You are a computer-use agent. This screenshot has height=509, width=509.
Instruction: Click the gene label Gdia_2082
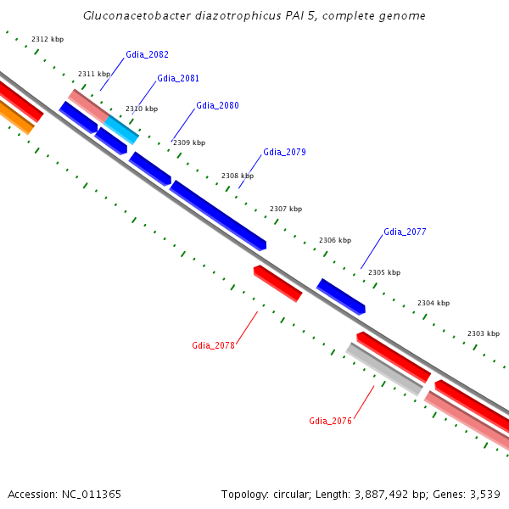147,54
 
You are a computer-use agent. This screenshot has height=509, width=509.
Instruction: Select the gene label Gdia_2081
178,78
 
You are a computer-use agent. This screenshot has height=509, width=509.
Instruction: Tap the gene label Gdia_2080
217,105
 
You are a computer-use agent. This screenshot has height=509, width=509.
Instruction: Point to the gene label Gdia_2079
284,152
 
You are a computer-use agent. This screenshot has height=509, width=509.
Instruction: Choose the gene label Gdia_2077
405,232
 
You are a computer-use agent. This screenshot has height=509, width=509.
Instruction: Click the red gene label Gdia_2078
213,345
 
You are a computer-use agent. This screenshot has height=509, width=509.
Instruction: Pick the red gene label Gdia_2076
330,421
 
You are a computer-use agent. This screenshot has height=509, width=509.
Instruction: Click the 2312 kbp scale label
47,39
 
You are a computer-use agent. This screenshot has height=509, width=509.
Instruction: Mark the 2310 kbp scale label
142,109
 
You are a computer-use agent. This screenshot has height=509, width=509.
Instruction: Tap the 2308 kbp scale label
238,176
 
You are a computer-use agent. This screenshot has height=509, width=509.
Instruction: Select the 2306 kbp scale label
335,240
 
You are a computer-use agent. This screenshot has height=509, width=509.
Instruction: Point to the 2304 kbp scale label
433,303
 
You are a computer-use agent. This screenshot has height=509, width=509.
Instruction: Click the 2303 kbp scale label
484,333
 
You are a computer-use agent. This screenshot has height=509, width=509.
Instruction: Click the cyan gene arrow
122,129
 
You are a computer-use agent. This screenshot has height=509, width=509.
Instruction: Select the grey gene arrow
384,369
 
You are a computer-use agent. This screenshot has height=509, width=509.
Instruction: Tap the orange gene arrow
16,117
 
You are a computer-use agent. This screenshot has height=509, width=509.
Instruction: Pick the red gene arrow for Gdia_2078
277,282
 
